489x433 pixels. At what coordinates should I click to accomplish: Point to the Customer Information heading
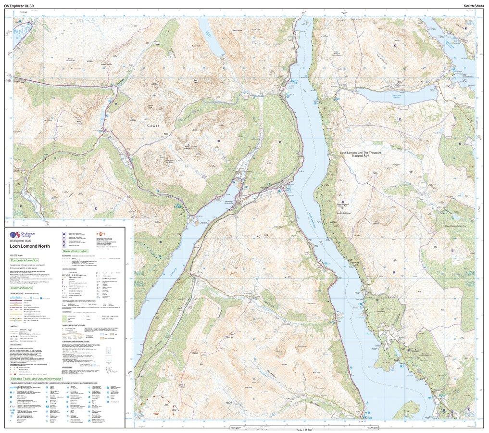point(27,260)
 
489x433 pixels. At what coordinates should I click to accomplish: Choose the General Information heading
point(79,251)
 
